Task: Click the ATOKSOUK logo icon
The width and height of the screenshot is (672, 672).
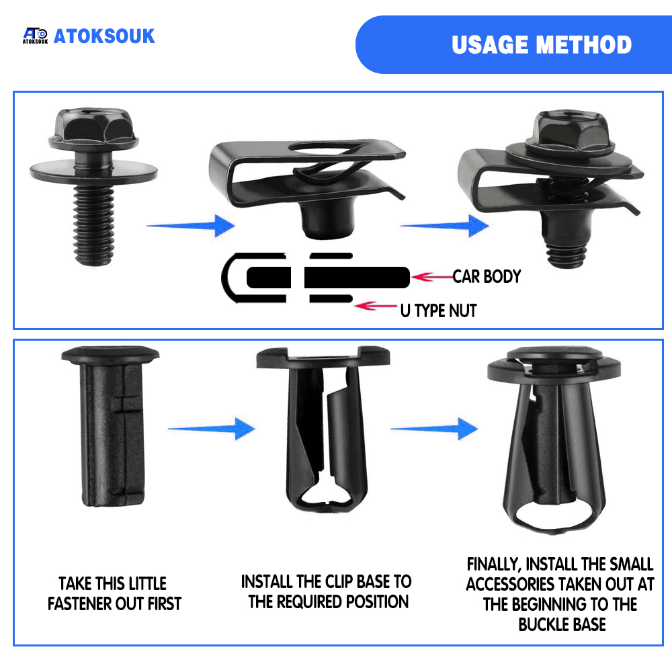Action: tap(35, 36)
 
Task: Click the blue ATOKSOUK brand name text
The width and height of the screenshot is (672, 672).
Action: tap(104, 36)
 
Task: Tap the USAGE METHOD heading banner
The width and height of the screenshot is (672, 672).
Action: tap(513, 44)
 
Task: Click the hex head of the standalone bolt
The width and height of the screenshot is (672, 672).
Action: tap(93, 129)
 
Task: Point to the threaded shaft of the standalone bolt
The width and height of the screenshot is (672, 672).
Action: tap(93, 226)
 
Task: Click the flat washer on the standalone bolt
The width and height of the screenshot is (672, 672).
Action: tap(93, 171)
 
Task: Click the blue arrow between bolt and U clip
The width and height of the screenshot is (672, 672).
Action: tap(191, 225)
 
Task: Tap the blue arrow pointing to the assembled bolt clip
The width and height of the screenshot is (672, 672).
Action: tap(444, 225)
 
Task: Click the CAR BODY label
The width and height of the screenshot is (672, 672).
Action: tap(487, 277)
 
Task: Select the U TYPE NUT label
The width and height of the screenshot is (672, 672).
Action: tap(438, 310)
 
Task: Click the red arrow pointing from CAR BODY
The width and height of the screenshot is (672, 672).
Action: tap(432, 277)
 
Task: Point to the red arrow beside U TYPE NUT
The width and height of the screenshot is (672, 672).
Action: tap(376, 306)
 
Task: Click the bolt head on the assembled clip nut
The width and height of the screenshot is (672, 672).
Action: tap(572, 133)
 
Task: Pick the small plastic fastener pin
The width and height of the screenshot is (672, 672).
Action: tap(111, 426)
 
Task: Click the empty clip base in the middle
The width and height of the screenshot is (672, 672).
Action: tap(324, 429)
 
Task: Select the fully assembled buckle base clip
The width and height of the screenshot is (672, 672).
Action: tap(554, 440)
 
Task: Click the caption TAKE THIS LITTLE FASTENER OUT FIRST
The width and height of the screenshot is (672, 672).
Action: tap(114, 593)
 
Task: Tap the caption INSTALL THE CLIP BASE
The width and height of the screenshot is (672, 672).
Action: tap(327, 592)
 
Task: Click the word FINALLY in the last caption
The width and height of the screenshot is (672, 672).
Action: tap(493, 564)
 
